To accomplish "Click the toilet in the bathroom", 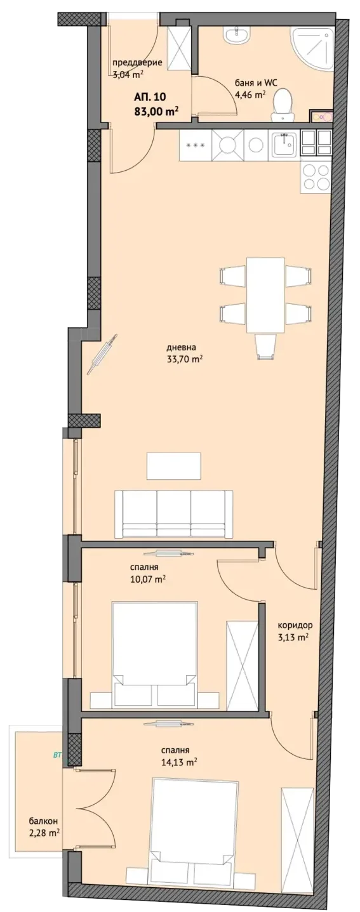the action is (x=282, y=105).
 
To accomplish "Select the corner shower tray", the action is (x=311, y=47).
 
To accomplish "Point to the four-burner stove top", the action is (x=315, y=175).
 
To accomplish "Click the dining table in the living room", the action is (x=265, y=294).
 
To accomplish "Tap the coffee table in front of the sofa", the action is (x=174, y=466).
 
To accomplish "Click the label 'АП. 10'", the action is (x=150, y=96).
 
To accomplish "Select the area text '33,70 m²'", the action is (x=185, y=359).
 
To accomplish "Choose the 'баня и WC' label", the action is (x=256, y=83).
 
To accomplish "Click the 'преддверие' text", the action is (x=137, y=63).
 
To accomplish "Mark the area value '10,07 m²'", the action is (x=147, y=579).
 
